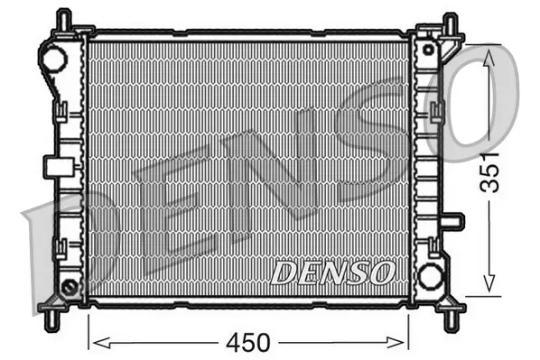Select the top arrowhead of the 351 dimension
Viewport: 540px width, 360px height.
pos(489,56)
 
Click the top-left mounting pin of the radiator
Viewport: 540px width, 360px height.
pos(62,20)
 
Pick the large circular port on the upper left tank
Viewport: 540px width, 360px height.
pos(54,60)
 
